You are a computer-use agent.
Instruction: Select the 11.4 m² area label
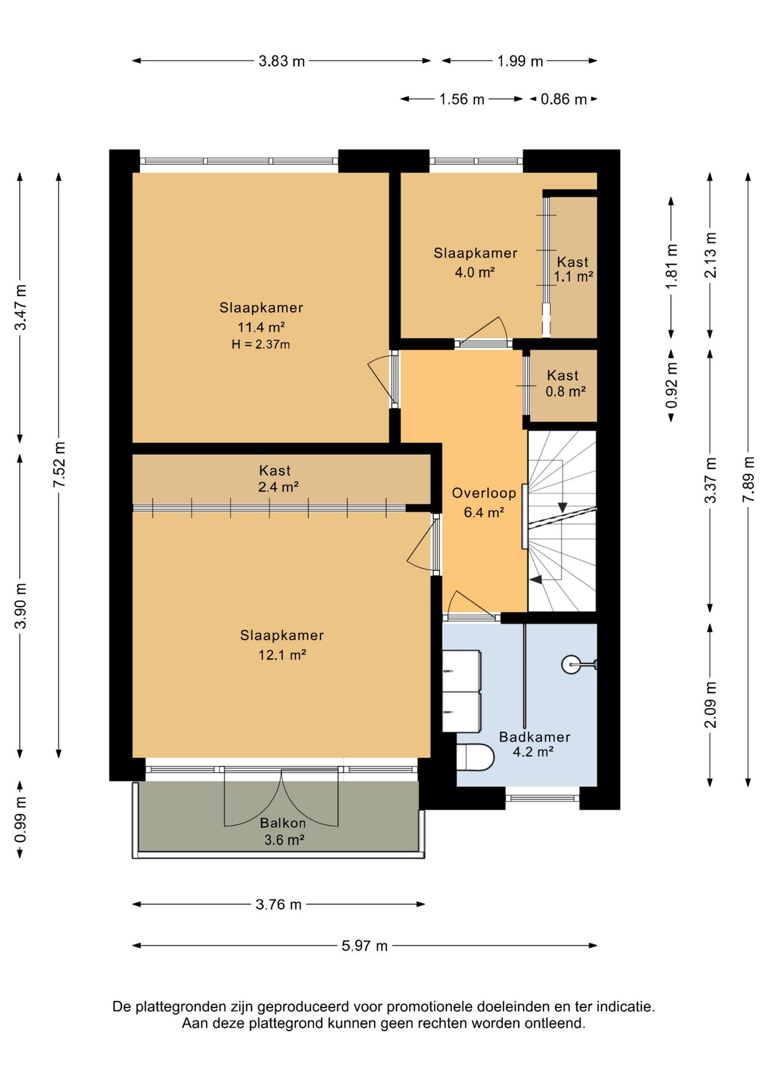point(261,327)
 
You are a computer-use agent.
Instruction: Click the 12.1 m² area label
point(282,655)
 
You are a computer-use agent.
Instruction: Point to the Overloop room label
point(484,493)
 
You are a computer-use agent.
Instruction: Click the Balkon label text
point(283,823)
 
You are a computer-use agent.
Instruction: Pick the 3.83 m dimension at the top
point(282,61)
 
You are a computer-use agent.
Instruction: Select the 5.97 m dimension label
point(365,946)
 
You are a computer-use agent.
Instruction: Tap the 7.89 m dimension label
point(748,479)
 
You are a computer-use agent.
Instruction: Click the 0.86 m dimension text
point(564,100)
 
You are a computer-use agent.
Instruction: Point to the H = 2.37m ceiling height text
point(261,344)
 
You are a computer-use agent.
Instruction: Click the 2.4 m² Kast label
point(278,487)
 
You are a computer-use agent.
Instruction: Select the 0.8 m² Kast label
point(566,391)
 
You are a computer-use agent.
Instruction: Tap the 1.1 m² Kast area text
point(573,277)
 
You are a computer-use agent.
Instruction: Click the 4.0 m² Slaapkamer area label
point(475,273)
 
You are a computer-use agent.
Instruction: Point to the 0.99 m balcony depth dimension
point(20,819)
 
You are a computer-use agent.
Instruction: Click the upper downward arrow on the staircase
point(562,507)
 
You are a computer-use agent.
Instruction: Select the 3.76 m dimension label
point(279,904)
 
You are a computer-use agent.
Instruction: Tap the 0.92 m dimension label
point(671,385)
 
